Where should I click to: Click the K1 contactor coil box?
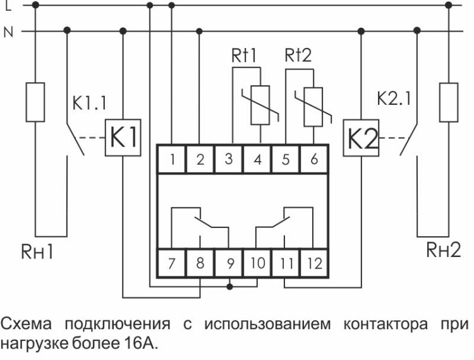[121, 137]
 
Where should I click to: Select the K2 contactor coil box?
[361, 137]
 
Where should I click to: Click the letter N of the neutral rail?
[8, 30]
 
